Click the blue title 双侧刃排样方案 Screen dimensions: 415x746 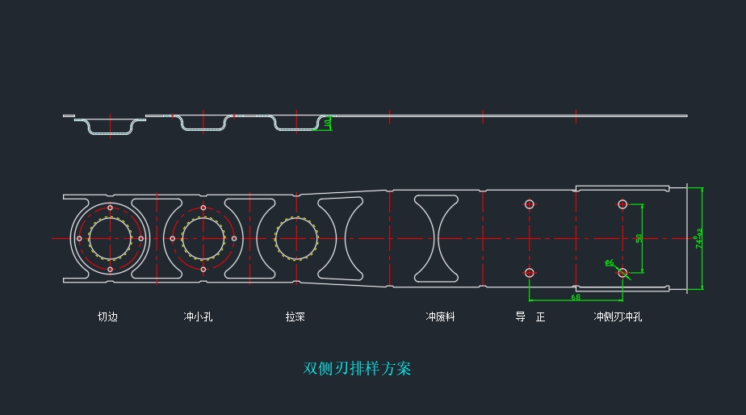click(357, 368)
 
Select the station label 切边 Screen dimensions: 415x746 click(107, 317)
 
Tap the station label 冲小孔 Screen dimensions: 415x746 click(198, 317)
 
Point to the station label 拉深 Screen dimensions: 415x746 click(295, 317)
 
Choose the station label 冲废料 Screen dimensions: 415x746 click(440, 317)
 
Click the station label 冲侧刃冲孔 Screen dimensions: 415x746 click(618, 317)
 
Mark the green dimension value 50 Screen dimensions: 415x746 click(639, 238)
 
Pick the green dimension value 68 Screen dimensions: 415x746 click(575, 297)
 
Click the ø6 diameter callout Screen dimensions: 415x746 click(610, 262)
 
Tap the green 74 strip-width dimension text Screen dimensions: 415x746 click(699, 239)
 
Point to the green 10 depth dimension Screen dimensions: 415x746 click(327, 123)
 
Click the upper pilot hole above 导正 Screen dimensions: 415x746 click(530, 204)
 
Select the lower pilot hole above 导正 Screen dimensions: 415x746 click(530, 273)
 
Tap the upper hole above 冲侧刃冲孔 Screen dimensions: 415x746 click(622, 204)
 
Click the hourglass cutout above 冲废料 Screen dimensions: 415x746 click(437, 238)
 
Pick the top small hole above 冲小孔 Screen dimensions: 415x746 click(203, 208)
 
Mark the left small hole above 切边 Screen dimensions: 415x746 click(79, 238)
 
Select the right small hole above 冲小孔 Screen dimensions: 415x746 click(234, 238)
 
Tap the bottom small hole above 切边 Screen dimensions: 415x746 click(110, 269)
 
